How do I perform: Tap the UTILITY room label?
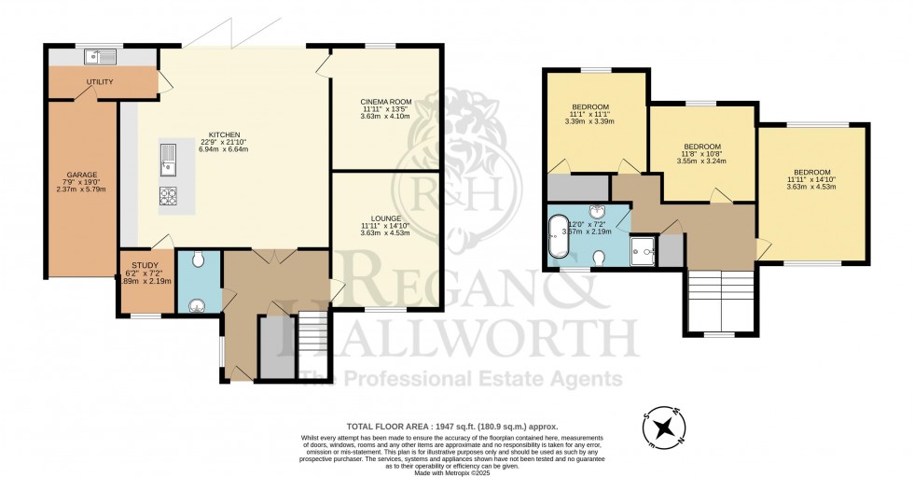pos(100,82)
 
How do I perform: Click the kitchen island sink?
pos(169,160)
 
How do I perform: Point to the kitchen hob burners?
pos(170,196)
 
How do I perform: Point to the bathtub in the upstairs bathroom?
pos(558,236)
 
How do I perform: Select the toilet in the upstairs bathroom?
pos(600,257)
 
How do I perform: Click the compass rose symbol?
pos(664,428)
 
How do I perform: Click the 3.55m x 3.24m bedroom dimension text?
pos(701,160)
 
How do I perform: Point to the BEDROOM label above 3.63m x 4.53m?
pos(811,172)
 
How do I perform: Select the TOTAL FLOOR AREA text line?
pos(452,426)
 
